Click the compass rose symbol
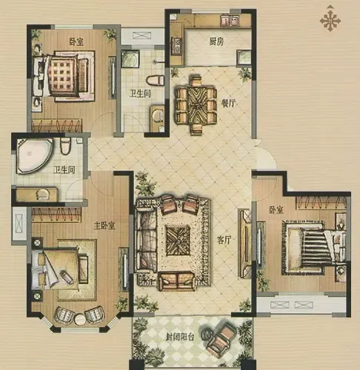click(330, 19)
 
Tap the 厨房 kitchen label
click(216, 41)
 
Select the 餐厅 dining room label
click(228, 103)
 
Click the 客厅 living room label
click(224, 240)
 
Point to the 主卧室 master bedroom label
click(104, 226)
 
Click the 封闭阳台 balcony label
click(180, 337)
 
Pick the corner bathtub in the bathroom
click(34, 155)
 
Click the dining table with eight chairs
click(196, 104)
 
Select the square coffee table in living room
click(178, 240)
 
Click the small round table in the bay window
click(80, 319)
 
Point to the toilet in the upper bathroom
click(155, 81)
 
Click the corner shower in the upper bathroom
click(130, 58)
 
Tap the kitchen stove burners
click(177, 46)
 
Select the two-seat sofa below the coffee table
click(177, 280)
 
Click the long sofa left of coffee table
click(147, 240)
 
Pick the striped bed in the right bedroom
click(315, 247)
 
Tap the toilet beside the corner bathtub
click(65, 146)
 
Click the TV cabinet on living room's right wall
click(244, 243)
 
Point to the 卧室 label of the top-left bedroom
click(76, 41)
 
